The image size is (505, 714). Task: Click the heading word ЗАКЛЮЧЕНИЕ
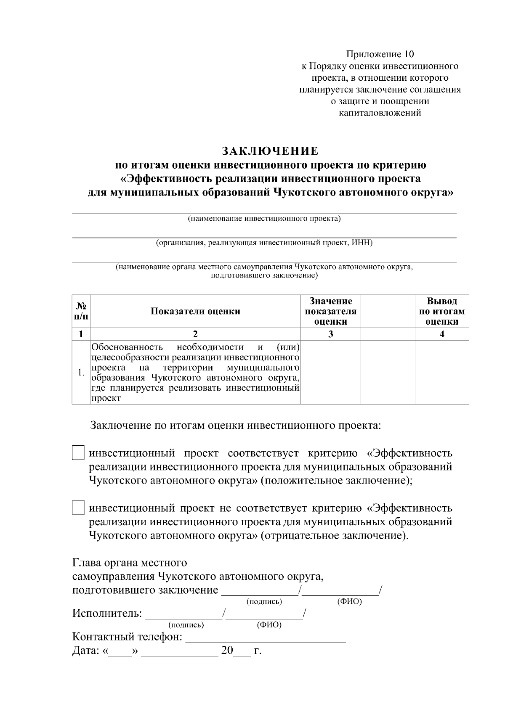click(x=270, y=151)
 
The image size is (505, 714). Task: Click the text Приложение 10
click(x=380, y=54)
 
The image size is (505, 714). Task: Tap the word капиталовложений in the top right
click(x=380, y=113)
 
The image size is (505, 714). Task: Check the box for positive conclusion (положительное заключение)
click(x=78, y=453)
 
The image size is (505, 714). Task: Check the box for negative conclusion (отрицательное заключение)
click(x=78, y=508)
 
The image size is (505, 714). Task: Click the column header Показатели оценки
click(x=195, y=311)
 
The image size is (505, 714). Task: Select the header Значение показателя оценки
click(x=330, y=311)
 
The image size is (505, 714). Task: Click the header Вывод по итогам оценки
click(x=441, y=311)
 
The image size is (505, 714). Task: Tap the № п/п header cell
click(x=81, y=311)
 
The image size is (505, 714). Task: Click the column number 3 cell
click(x=330, y=334)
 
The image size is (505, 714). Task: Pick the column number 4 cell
click(x=441, y=334)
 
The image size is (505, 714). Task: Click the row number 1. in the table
click(x=81, y=373)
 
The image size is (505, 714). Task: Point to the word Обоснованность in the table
click(x=127, y=347)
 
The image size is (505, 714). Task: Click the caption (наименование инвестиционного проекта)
click(x=264, y=219)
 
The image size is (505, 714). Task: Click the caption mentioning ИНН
click(x=264, y=243)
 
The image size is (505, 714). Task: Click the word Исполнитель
click(x=107, y=613)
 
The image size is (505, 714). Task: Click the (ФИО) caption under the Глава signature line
click(x=349, y=602)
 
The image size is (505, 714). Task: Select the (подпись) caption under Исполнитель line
click(x=186, y=625)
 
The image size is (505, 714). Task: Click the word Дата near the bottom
click(x=85, y=651)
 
